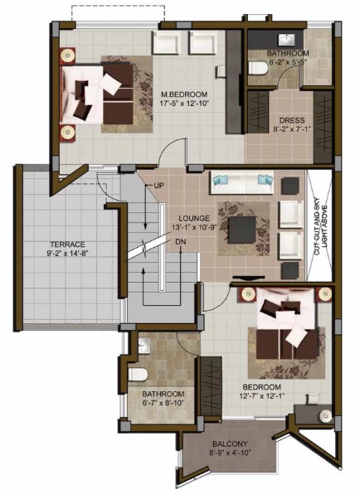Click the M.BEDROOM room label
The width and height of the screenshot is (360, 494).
[184, 94]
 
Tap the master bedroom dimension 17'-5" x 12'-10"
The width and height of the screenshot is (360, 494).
[185, 103]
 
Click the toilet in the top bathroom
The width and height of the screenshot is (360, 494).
[258, 68]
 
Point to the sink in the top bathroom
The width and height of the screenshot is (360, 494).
[286, 39]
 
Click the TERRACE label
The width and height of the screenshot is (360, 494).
[67, 245]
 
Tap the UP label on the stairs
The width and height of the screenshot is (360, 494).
[159, 186]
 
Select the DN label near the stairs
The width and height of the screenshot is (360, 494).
[181, 242]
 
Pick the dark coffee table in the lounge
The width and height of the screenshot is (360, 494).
[241, 230]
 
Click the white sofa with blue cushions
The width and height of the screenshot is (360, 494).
[241, 183]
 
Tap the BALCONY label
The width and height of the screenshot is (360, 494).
[230, 444]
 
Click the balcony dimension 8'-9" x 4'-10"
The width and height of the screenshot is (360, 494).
[230, 453]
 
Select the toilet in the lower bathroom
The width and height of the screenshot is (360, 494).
[138, 375]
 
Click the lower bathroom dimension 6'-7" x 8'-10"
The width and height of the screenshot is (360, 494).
[163, 403]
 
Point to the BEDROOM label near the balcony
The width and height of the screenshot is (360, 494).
[261, 387]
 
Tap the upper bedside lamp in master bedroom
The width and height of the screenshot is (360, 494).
[67, 56]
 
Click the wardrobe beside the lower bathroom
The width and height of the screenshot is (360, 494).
[210, 386]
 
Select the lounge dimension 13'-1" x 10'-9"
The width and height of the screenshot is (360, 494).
[194, 227]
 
